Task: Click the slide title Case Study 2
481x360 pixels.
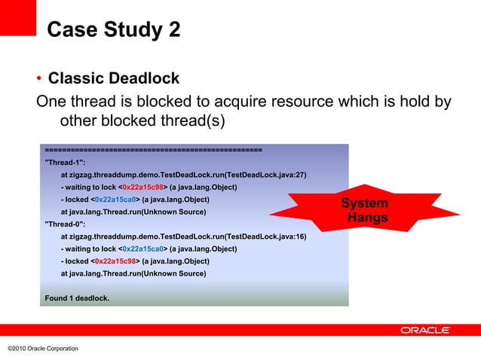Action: coord(113,30)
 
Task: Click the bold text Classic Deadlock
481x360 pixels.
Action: coord(113,79)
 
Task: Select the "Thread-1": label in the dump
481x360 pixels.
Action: coord(65,163)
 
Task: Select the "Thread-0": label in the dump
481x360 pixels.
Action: coord(65,224)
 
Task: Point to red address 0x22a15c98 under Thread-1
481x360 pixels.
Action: coord(143,188)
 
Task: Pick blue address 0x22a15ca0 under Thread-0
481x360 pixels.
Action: coord(143,249)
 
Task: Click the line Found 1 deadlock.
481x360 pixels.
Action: coord(77,298)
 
